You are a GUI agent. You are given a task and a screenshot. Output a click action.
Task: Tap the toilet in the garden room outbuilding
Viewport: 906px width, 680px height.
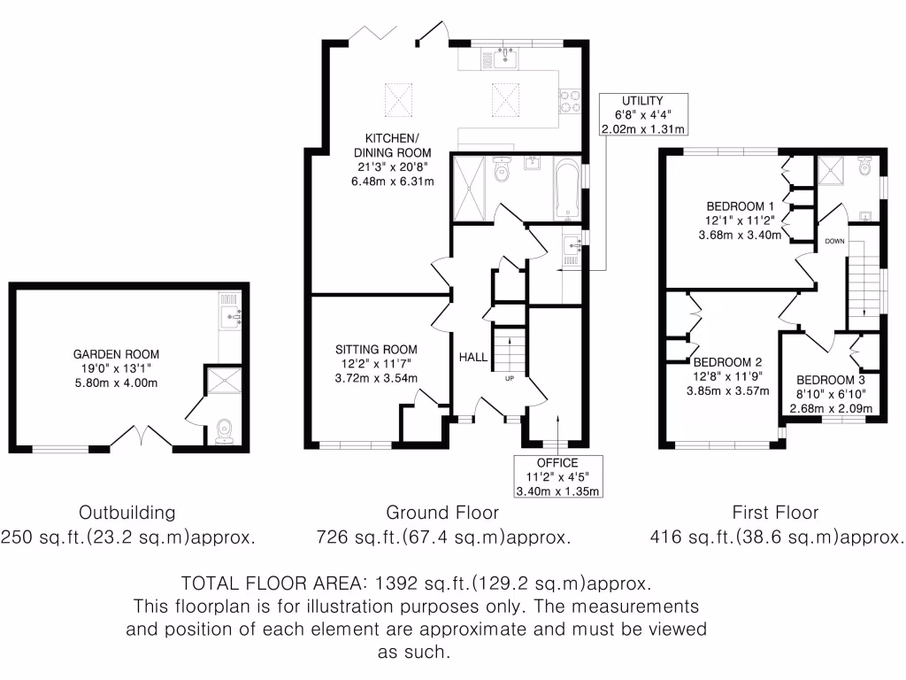coord(222,429)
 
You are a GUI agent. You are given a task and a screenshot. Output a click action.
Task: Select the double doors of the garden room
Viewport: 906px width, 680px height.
coord(142,437)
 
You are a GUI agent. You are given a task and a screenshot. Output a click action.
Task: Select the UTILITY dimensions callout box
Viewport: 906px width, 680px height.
coord(641,115)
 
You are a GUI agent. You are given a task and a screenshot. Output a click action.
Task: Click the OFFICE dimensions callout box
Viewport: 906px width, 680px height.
coord(557,477)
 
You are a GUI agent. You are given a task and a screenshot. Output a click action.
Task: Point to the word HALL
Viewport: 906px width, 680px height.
coord(472,357)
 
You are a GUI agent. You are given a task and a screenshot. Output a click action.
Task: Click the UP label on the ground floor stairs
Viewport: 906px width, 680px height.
coord(509,378)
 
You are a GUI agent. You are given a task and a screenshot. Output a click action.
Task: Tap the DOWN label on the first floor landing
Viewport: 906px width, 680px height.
coord(834,241)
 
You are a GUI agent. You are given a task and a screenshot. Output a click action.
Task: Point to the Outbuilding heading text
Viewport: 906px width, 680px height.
coord(127,513)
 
